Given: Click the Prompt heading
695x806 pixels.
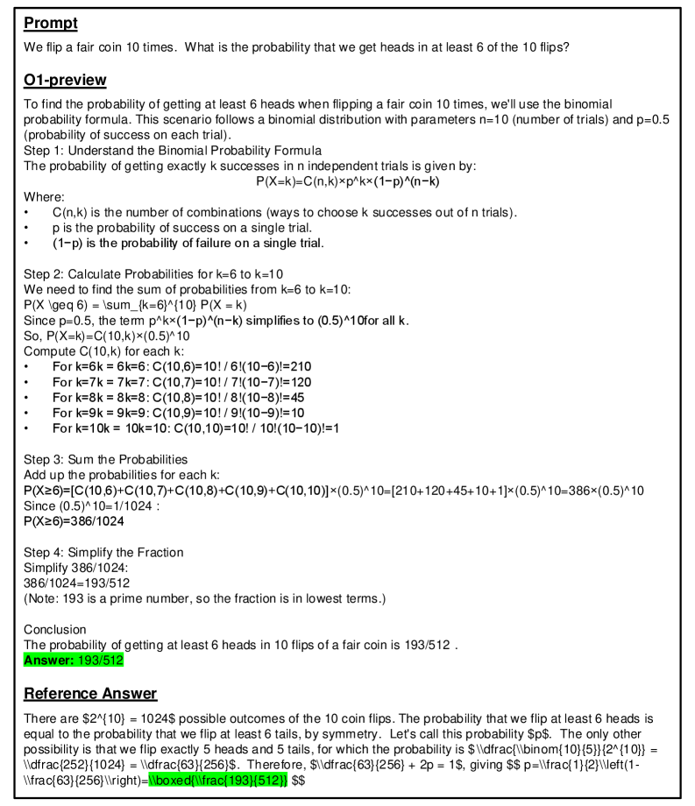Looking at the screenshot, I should [51, 23].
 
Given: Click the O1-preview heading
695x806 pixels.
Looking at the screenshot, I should [65, 81].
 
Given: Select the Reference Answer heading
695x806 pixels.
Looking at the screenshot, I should [90, 694].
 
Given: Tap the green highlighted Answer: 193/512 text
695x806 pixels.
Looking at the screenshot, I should [74, 661].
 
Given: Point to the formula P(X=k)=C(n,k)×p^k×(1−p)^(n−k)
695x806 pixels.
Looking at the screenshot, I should [347, 181].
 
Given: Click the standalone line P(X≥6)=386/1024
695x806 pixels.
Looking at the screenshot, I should [74, 520].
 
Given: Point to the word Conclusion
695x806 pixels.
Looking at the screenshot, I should [54, 629].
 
